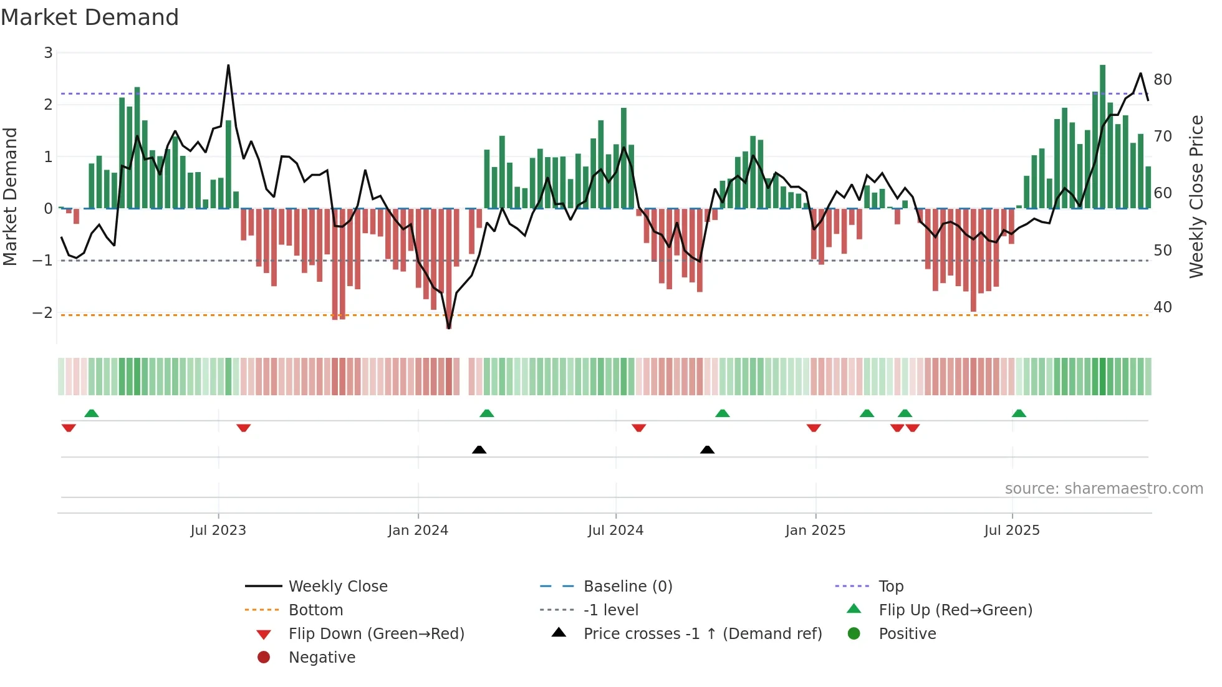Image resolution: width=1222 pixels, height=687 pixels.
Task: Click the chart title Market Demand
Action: click(90, 17)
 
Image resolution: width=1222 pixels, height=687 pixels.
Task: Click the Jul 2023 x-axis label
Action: click(218, 531)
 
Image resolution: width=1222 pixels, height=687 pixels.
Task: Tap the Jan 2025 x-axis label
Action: click(815, 531)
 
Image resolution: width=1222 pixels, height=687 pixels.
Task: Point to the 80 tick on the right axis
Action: click(1162, 80)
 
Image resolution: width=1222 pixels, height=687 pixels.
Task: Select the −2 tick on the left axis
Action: click(42, 313)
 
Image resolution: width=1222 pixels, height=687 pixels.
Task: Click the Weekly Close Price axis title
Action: click(1196, 196)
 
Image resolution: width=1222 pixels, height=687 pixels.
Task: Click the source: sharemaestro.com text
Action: click(1104, 489)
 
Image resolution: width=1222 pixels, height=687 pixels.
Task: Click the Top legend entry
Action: click(890, 587)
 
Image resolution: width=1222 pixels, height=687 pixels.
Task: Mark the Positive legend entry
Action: click(907, 634)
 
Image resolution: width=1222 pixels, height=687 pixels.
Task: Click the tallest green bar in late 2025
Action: click(1102, 137)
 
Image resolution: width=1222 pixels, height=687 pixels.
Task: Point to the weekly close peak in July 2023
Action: click(228, 65)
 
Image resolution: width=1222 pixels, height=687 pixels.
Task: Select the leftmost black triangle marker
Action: click(479, 449)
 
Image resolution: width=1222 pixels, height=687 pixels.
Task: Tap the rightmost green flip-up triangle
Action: click(1019, 413)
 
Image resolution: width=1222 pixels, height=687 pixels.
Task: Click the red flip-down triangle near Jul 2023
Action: click(244, 428)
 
